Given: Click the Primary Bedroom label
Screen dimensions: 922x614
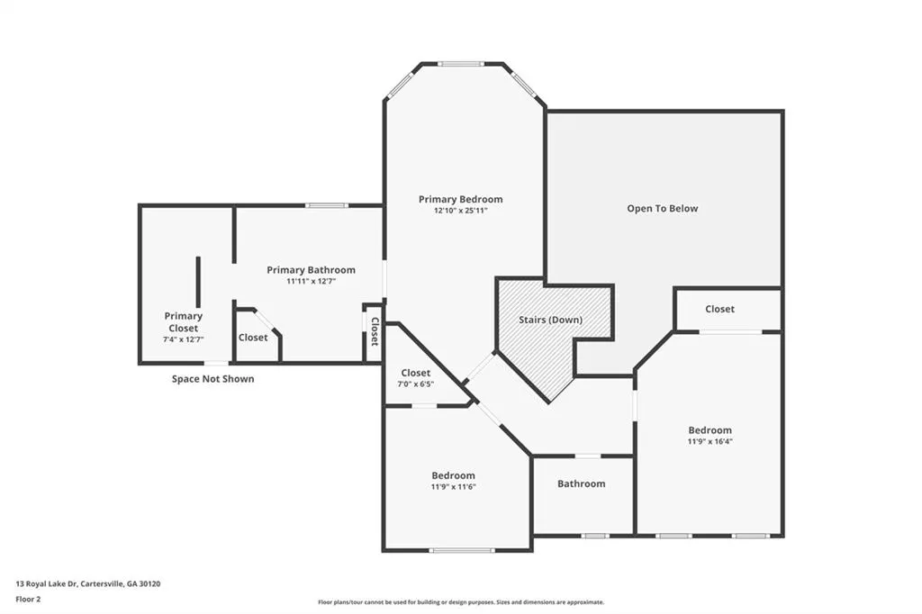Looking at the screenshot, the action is click(x=460, y=199).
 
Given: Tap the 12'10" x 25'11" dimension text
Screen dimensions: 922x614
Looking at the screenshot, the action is click(x=460, y=211).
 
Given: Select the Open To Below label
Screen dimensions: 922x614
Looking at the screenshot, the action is click(x=662, y=208).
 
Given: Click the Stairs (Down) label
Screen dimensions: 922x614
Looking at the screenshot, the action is click(x=550, y=320).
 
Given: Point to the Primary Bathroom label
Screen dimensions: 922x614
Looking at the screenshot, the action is click(x=311, y=270).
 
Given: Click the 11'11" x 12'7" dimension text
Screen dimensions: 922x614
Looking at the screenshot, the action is click(x=311, y=281).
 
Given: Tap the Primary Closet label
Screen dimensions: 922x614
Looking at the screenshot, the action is click(x=184, y=322).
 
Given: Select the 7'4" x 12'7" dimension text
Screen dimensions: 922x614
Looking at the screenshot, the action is click(x=184, y=339).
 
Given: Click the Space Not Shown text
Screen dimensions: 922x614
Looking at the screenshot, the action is click(x=212, y=379).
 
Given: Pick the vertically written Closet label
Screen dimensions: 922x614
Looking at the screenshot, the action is click(x=375, y=331).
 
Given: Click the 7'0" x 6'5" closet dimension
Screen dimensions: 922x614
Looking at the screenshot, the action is click(x=416, y=384).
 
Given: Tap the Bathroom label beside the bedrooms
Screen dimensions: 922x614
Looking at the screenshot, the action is click(x=581, y=483).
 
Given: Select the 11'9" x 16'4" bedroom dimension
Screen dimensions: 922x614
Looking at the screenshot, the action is click(x=710, y=441).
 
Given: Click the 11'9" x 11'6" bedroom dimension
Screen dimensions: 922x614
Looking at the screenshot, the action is click(x=454, y=486).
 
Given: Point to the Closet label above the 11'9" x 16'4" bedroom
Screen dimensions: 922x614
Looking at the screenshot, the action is click(x=719, y=309).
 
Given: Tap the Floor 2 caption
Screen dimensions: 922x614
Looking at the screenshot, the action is click(x=28, y=600).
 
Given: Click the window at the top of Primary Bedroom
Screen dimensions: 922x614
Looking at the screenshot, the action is click(x=461, y=64).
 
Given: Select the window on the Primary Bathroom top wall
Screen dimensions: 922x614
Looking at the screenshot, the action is click(x=326, y=205).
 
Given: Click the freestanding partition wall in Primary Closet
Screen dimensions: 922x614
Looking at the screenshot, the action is click(x=198, y=282).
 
